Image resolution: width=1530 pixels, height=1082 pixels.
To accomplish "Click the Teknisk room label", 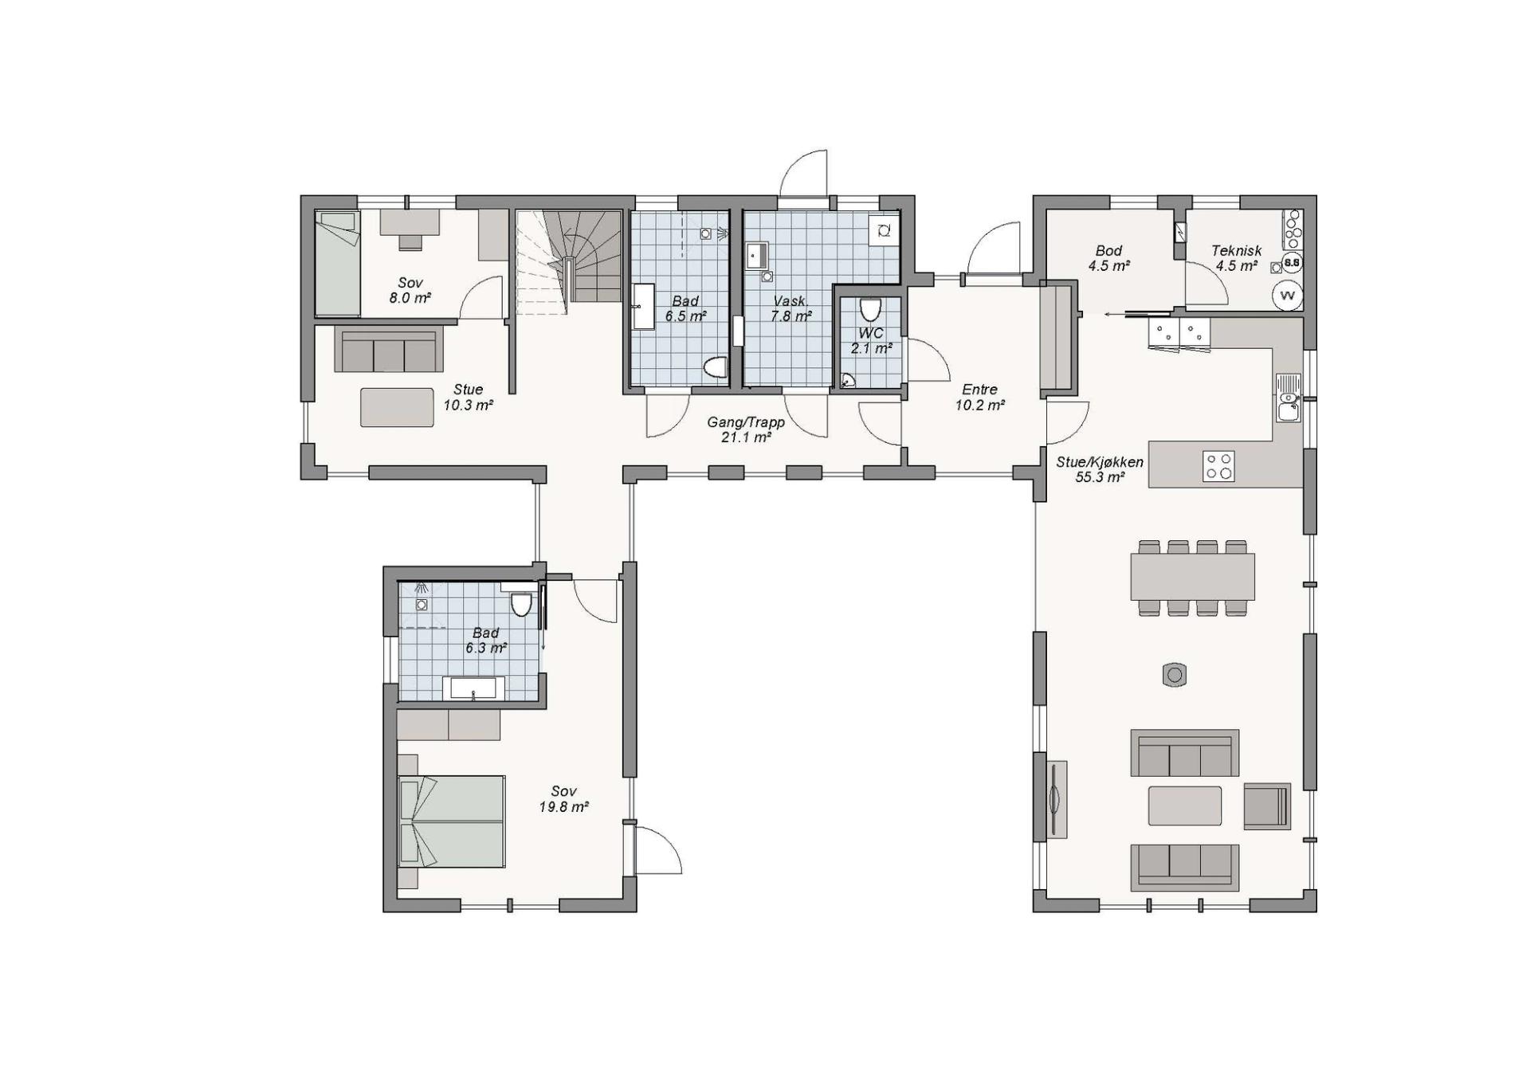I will pos(1236,251).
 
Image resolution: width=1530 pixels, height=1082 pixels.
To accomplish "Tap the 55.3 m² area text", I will pos(1100,478).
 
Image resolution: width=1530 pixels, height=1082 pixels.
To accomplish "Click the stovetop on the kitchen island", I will pos(1218,466).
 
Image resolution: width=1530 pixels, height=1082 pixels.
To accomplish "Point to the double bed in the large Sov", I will pos(452,821).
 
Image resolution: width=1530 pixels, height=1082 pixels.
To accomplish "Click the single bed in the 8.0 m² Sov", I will pos(337,263).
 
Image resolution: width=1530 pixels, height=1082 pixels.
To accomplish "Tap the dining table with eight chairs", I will pos(1192,577).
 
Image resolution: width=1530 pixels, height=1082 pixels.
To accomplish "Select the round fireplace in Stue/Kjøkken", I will pos(1174,675).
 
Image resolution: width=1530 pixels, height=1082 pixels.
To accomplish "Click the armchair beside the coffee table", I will pos(1266,806).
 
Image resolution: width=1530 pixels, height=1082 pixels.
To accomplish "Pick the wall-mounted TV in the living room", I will pos(1057,799).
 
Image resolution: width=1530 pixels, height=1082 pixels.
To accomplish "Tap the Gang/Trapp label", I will pos(746,423).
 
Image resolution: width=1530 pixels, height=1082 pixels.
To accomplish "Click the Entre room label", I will pos(979,390).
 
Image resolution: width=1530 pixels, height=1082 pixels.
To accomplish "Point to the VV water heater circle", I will pos(1287,296).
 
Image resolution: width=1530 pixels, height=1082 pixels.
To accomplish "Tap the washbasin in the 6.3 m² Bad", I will pos(473,688).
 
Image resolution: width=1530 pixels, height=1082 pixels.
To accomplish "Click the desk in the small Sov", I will pos(410,222).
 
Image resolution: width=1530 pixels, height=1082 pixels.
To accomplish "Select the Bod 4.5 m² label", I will pos(1108,258).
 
